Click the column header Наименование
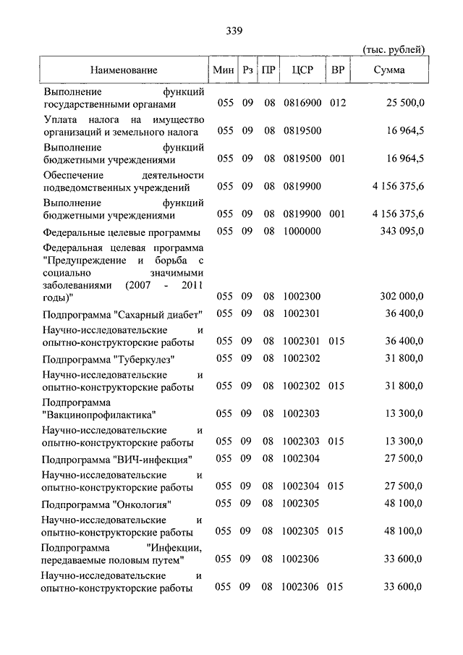pyautogui.click(x=124, y=70)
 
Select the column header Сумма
pyautogui.click(x=389, y=70)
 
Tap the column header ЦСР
pyautogui.click(x=301, y=70)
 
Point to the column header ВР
pyautogui.click(x=337, y=70)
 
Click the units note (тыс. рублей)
pyautogui.click(x=393, y=49)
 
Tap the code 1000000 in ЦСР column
pyautogui.click(x=301, y=232)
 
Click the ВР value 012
pyautogui.click(x=337, y=103)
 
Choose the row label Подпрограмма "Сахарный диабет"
pyautogui.click(x=122, y=314)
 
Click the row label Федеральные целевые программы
pyautogui.click(x=121, y=232)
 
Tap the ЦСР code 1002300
pyautogui.click(x=301, y=296)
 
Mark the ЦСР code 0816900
pyautogui.click(x=301, y=103)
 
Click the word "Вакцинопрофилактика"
pyautogui.click(x=99, y=415)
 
